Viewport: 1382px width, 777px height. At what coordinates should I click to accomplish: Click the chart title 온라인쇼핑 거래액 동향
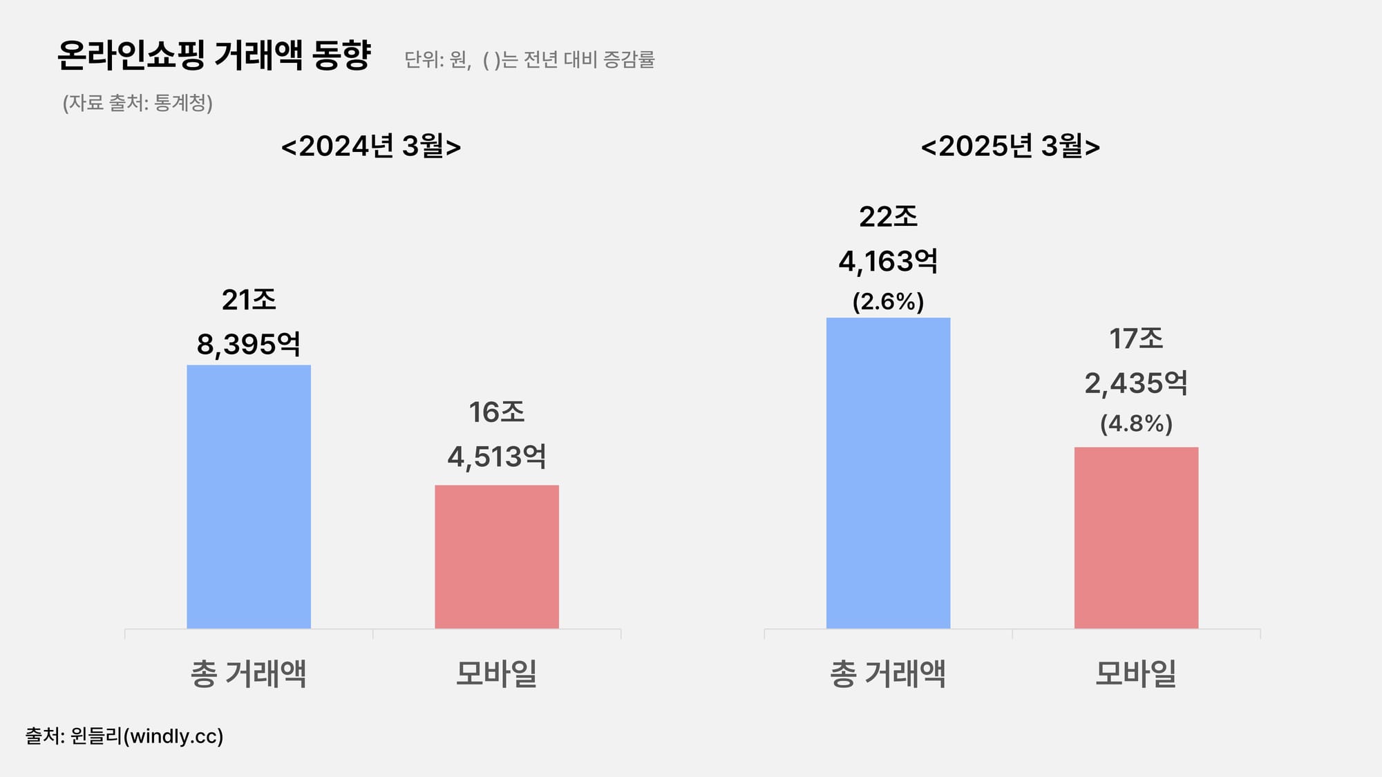214,55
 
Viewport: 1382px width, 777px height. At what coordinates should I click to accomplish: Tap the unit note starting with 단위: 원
529,60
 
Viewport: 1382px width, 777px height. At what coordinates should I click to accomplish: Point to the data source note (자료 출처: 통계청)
138,103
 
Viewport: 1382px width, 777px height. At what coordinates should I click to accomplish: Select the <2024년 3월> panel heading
371,146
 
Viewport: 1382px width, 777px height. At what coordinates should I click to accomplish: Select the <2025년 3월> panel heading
1010,146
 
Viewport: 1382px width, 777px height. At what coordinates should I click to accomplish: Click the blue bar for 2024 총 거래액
249,497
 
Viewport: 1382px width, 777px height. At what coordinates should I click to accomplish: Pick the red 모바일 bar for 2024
497,557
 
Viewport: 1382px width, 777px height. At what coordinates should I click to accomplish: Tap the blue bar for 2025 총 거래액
888,473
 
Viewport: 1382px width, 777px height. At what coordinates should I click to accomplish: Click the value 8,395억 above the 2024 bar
249,344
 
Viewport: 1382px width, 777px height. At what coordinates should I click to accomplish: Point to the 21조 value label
249,300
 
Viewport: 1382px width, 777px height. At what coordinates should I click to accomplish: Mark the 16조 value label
497,412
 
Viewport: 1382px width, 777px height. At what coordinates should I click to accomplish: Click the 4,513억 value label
497,457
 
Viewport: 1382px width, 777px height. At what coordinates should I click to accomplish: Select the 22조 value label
888,217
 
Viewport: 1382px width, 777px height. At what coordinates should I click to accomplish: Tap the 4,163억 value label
888,262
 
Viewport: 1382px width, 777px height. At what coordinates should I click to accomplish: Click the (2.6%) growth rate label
888,302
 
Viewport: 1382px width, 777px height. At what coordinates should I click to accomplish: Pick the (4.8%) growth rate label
1136,423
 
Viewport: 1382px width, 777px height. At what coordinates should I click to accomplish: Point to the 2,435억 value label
1136,383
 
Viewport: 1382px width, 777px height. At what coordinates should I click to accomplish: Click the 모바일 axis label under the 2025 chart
1136,673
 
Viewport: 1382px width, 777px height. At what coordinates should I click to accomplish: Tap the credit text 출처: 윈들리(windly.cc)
124,736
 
